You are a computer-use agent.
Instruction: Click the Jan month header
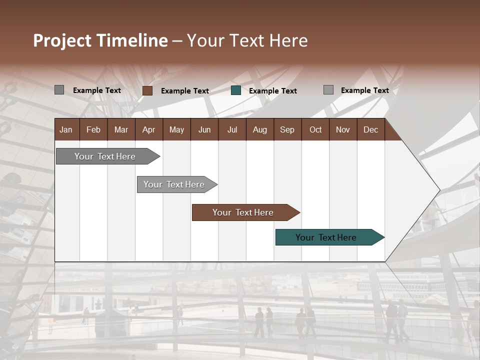(66, 129)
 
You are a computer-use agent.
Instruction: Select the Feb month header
(93, 129)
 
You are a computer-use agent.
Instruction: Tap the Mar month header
(121, 129)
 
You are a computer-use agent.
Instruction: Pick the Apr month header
(149, 129)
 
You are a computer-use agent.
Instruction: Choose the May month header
(176, 129)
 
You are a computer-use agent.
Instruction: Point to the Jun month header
(204, 129)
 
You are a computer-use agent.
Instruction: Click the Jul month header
(232, 129)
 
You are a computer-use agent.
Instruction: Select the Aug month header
(260, 129)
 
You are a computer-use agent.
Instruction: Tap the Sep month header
(287, 129)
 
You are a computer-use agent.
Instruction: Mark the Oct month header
(315, 129)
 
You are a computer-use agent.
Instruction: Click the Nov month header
(343, 129)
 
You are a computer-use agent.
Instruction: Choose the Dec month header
(371, 129)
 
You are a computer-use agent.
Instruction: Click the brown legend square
(147, 90)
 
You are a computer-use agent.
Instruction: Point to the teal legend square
(236, 90)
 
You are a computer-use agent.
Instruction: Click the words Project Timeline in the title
(100, 40)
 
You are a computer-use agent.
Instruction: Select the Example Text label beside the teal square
(272, 91)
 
